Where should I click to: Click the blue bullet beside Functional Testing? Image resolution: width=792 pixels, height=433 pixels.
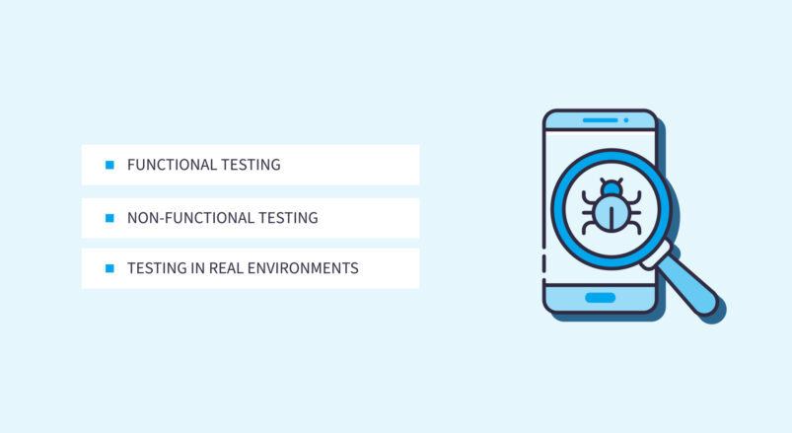(x=109, y=165)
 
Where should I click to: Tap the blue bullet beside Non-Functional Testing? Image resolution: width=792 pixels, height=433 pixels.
(x=109, y=218)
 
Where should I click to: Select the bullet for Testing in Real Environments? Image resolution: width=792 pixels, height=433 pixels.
(x=109, y=268)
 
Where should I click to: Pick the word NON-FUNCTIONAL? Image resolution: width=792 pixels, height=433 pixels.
(x=188, y=218)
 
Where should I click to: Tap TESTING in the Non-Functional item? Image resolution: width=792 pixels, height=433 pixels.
(x=286, y=218)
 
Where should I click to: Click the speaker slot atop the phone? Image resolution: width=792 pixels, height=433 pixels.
(x=599, y=120)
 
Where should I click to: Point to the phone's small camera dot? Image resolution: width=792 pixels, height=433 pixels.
(x=625, y=120)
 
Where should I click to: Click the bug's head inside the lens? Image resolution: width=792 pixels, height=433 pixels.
(x=612, y=186)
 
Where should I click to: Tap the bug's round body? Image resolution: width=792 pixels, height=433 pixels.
(x=612, y=212)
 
